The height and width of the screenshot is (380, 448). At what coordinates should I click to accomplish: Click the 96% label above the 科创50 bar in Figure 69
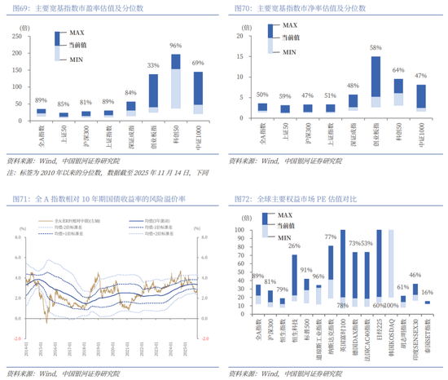point(175,46)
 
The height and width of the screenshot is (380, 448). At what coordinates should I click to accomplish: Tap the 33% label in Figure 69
point(153,65)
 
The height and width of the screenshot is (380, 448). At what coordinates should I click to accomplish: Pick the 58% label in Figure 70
point(376,47)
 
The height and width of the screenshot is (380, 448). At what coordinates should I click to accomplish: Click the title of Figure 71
point(110,198)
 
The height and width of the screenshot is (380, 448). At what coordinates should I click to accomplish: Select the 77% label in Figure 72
point(330,236)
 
